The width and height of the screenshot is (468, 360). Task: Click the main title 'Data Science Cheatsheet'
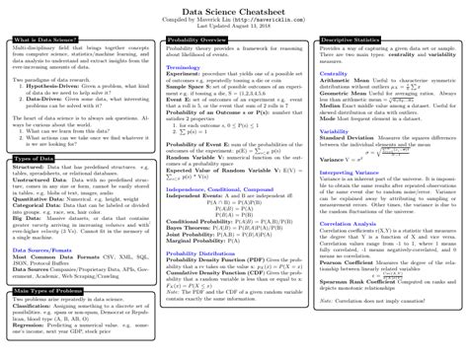234,10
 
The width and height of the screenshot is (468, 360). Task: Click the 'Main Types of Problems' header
42,292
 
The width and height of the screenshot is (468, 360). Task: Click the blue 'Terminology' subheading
183,67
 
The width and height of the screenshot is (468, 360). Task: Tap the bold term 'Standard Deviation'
351,136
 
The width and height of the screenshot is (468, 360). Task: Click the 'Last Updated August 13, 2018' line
234,26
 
